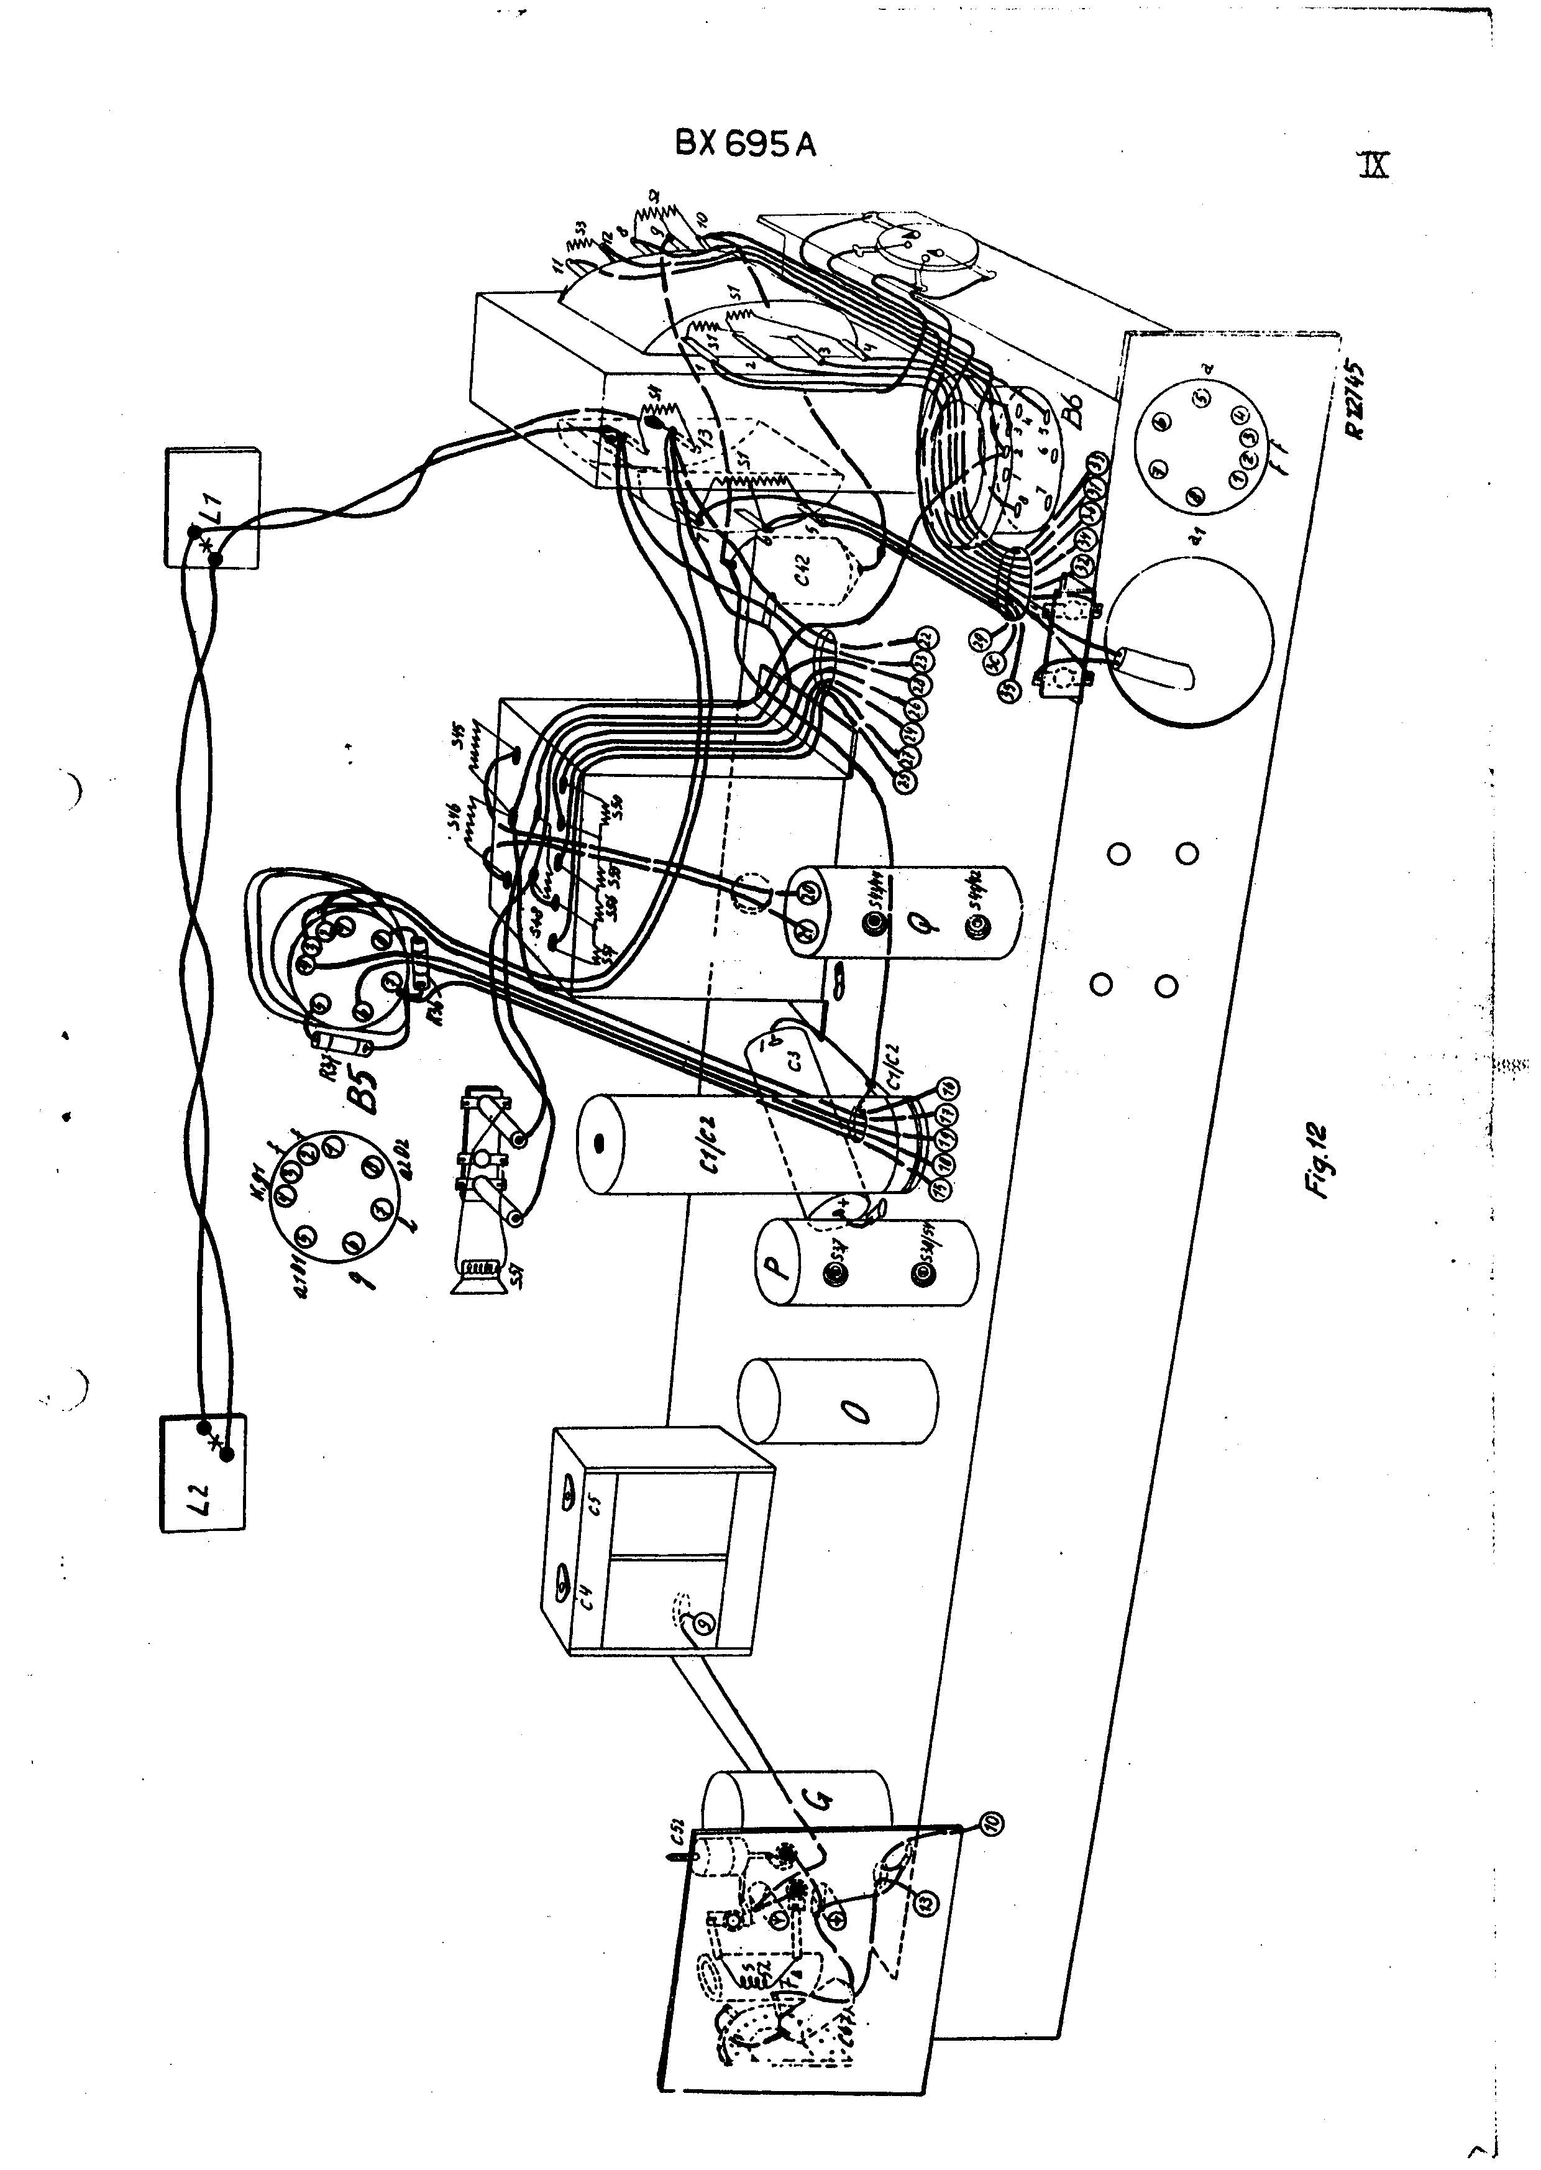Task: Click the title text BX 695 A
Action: coord(745,144)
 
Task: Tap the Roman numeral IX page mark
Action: coord(1373,165)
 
